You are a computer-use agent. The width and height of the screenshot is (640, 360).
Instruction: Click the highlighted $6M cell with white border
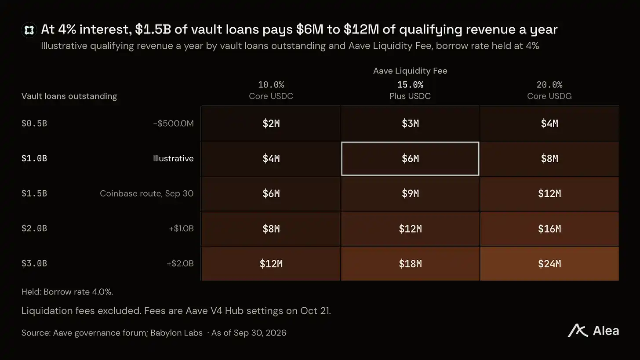(x=410, y=159)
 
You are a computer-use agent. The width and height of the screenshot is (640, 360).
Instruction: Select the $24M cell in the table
(x=549, y=263)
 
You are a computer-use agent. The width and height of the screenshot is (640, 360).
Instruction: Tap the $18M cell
(x=410, y=263)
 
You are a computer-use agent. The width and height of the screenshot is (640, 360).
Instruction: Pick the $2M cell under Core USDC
(x=271, y=124)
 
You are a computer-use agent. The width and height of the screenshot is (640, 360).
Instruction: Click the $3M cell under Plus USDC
(x=410, y=124)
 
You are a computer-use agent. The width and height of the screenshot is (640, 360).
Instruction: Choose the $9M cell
(x=410, y=193)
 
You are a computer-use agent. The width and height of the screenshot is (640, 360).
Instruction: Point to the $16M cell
(x=549, y=229)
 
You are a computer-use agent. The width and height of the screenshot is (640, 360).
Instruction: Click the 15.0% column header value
(x=410, y=84)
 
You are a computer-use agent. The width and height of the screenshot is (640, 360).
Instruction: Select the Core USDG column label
(x=549, y=96)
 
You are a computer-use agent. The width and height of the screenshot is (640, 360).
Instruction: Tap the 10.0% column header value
(x=271, y=84)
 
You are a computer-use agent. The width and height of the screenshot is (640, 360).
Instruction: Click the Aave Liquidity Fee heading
(x=410, y=71)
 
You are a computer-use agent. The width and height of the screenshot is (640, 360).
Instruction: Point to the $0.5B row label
(x=34, y=124)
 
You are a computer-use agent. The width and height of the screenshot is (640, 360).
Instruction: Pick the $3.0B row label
(x=34, y=263)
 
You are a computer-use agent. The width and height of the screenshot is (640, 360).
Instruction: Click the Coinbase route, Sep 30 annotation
(x=146, y=193)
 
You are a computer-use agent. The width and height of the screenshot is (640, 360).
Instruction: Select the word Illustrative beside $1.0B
(x=173, y=158)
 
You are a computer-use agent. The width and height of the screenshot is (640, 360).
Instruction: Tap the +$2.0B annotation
(x=180, y=263)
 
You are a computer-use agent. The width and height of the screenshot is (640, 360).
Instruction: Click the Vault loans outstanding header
(x=69, y=96)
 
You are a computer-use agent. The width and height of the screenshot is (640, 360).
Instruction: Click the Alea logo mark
(x=578, y=331)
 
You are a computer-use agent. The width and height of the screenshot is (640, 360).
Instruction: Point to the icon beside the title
(x=29, y=30)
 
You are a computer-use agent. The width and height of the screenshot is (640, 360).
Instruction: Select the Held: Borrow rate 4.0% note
(x=67, y=292)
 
